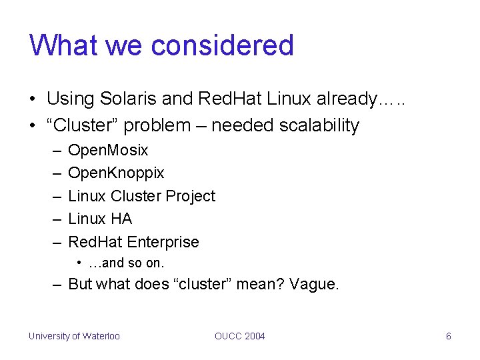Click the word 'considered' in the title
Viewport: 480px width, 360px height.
[x=223, y=45]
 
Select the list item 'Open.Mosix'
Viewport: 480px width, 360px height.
[x=108, y=150]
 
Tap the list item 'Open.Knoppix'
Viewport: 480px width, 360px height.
[x=116, y=173]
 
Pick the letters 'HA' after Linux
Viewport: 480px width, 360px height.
[x=121, y=219]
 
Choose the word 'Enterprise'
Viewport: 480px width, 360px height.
[x=163, y=242]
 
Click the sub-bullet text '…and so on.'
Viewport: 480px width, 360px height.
[x=126, y=263]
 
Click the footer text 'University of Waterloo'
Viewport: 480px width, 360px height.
[x=74, y=336]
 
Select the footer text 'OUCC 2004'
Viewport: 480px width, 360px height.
[x=240, y=336]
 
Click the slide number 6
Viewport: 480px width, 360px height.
[x=448, y=336]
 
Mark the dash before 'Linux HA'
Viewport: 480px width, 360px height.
[x=56, y=219]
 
